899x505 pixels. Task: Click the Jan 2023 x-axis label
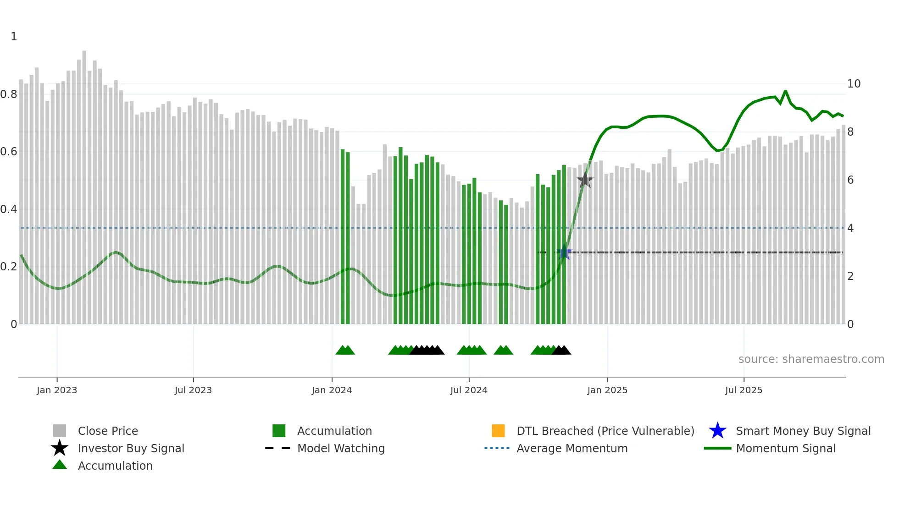[57, 390]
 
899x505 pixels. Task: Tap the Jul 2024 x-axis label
[469, 390]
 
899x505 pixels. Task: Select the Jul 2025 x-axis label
[744, 390]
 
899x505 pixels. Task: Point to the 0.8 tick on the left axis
[9, 94]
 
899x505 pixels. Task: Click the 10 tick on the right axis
[854, 84]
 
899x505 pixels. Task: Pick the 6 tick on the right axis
[850, 180]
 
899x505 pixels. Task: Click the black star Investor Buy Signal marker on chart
[585, 180]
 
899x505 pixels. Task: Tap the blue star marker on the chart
[565, 252]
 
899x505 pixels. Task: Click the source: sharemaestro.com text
[811, 359]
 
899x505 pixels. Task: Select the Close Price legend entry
[108, 431]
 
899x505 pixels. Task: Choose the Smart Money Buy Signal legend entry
[803, 431]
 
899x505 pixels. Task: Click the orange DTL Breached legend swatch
[498, 431]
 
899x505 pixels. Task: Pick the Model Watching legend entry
[341, 448]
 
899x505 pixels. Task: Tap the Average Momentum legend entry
[572, 448]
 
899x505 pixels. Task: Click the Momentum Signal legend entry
[786, 448]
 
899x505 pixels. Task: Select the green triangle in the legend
[60, 465]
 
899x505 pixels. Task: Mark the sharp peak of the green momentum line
[785, 91]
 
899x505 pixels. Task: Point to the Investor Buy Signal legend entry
[131, 448]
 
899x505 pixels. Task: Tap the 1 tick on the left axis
[14, 37]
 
